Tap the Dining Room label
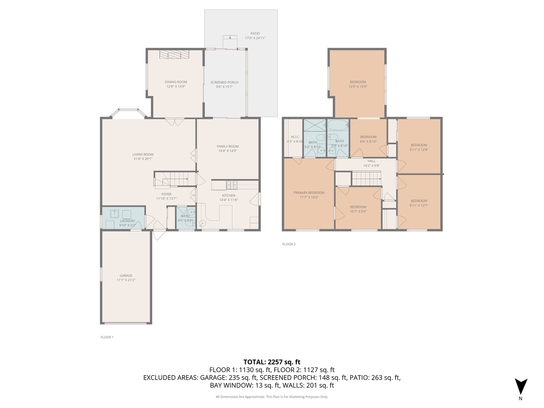(x=176, y=82)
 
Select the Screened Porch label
(x=224, y=82)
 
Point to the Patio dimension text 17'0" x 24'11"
(x=255, y=38)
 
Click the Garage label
(x=126, y=275)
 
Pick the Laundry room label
(x=127, y=221)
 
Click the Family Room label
(x=227, y=147)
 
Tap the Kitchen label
(x=229, y=196)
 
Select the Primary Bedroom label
(x=309, y=193)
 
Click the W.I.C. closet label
(x=295, y=137)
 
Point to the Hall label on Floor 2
(x=371, y=161)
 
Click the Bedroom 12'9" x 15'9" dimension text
(x=358, y=87)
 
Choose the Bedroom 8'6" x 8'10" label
(x=368, y=137)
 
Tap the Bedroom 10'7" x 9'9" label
(x=358, y=207)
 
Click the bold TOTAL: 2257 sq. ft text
(x=272, y=362)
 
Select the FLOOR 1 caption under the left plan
(x=107, y=337)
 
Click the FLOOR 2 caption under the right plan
(x=289, y=244)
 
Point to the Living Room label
(x=143, y=155)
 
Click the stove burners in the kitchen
(x=232, y=185)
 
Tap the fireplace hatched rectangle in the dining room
(x=174, y=54)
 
